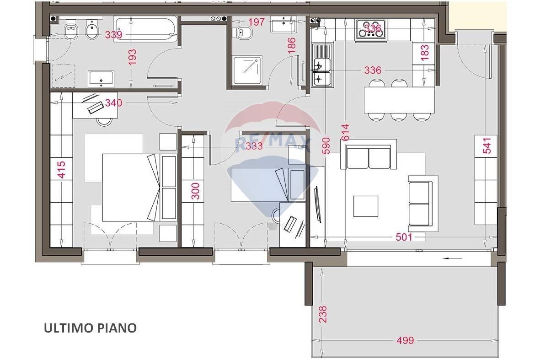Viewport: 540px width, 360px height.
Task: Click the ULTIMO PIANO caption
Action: pos(90,328)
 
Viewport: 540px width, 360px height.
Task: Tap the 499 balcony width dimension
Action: pos(405,340)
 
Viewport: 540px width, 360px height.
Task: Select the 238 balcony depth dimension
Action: pos(323,314)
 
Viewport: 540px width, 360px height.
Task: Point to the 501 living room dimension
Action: pos(404,237)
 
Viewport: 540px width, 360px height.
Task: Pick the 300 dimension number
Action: pos(195,191)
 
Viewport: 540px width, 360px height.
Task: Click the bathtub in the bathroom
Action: pos(146,30)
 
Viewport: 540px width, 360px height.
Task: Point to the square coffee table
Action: pos(366,206)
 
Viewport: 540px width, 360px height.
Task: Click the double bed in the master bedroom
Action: pos(132,188)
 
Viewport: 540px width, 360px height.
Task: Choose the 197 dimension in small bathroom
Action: pos(257,21)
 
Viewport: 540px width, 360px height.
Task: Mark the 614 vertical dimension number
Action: pos(345,132)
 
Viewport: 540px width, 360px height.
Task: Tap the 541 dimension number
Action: pos(487,145)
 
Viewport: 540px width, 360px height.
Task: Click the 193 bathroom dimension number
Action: pos(132,57)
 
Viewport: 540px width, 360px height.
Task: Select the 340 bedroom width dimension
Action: pos(114,102)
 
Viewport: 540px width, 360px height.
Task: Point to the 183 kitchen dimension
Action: pos(425,52)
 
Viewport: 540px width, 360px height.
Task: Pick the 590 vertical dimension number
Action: pos(326,145)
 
